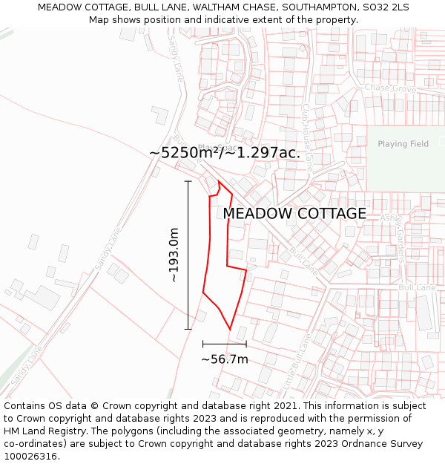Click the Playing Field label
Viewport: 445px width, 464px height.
[403, 144]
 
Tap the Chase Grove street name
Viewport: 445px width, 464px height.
[390, 88]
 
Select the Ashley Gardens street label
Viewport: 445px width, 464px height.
[395, 236]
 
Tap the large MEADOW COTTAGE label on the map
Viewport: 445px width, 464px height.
[294, 214]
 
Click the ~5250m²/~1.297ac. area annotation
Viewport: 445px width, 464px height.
[224, 153]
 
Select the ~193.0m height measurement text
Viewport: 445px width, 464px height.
[174, 255]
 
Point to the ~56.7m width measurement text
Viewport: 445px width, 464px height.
[224, 359]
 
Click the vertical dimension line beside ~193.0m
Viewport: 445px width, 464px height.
[188, 255]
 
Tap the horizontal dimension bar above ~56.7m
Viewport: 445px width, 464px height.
[224, 344]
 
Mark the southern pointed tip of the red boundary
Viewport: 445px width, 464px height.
[230, 328]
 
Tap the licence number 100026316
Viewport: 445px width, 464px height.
[30, 457]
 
